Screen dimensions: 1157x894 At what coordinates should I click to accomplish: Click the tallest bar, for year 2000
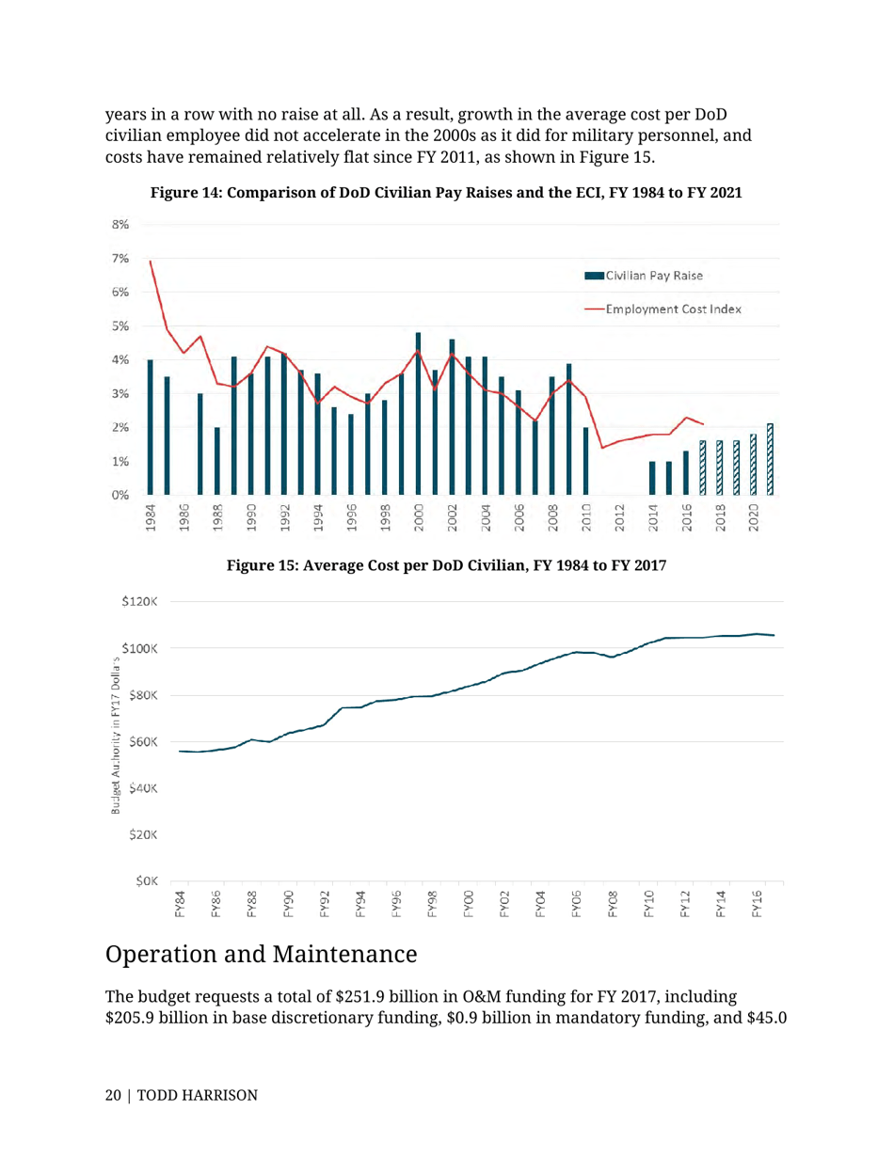pyautogui.click(x=418, y=414)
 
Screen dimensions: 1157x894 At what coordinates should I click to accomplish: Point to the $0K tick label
pyautogui.click(x=147, y=881)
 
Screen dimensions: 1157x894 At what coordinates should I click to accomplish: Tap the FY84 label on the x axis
pyautogui.click(x=180, y=903)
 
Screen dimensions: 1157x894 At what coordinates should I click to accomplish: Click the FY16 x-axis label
pyautogui.click(x=757, y=903)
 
